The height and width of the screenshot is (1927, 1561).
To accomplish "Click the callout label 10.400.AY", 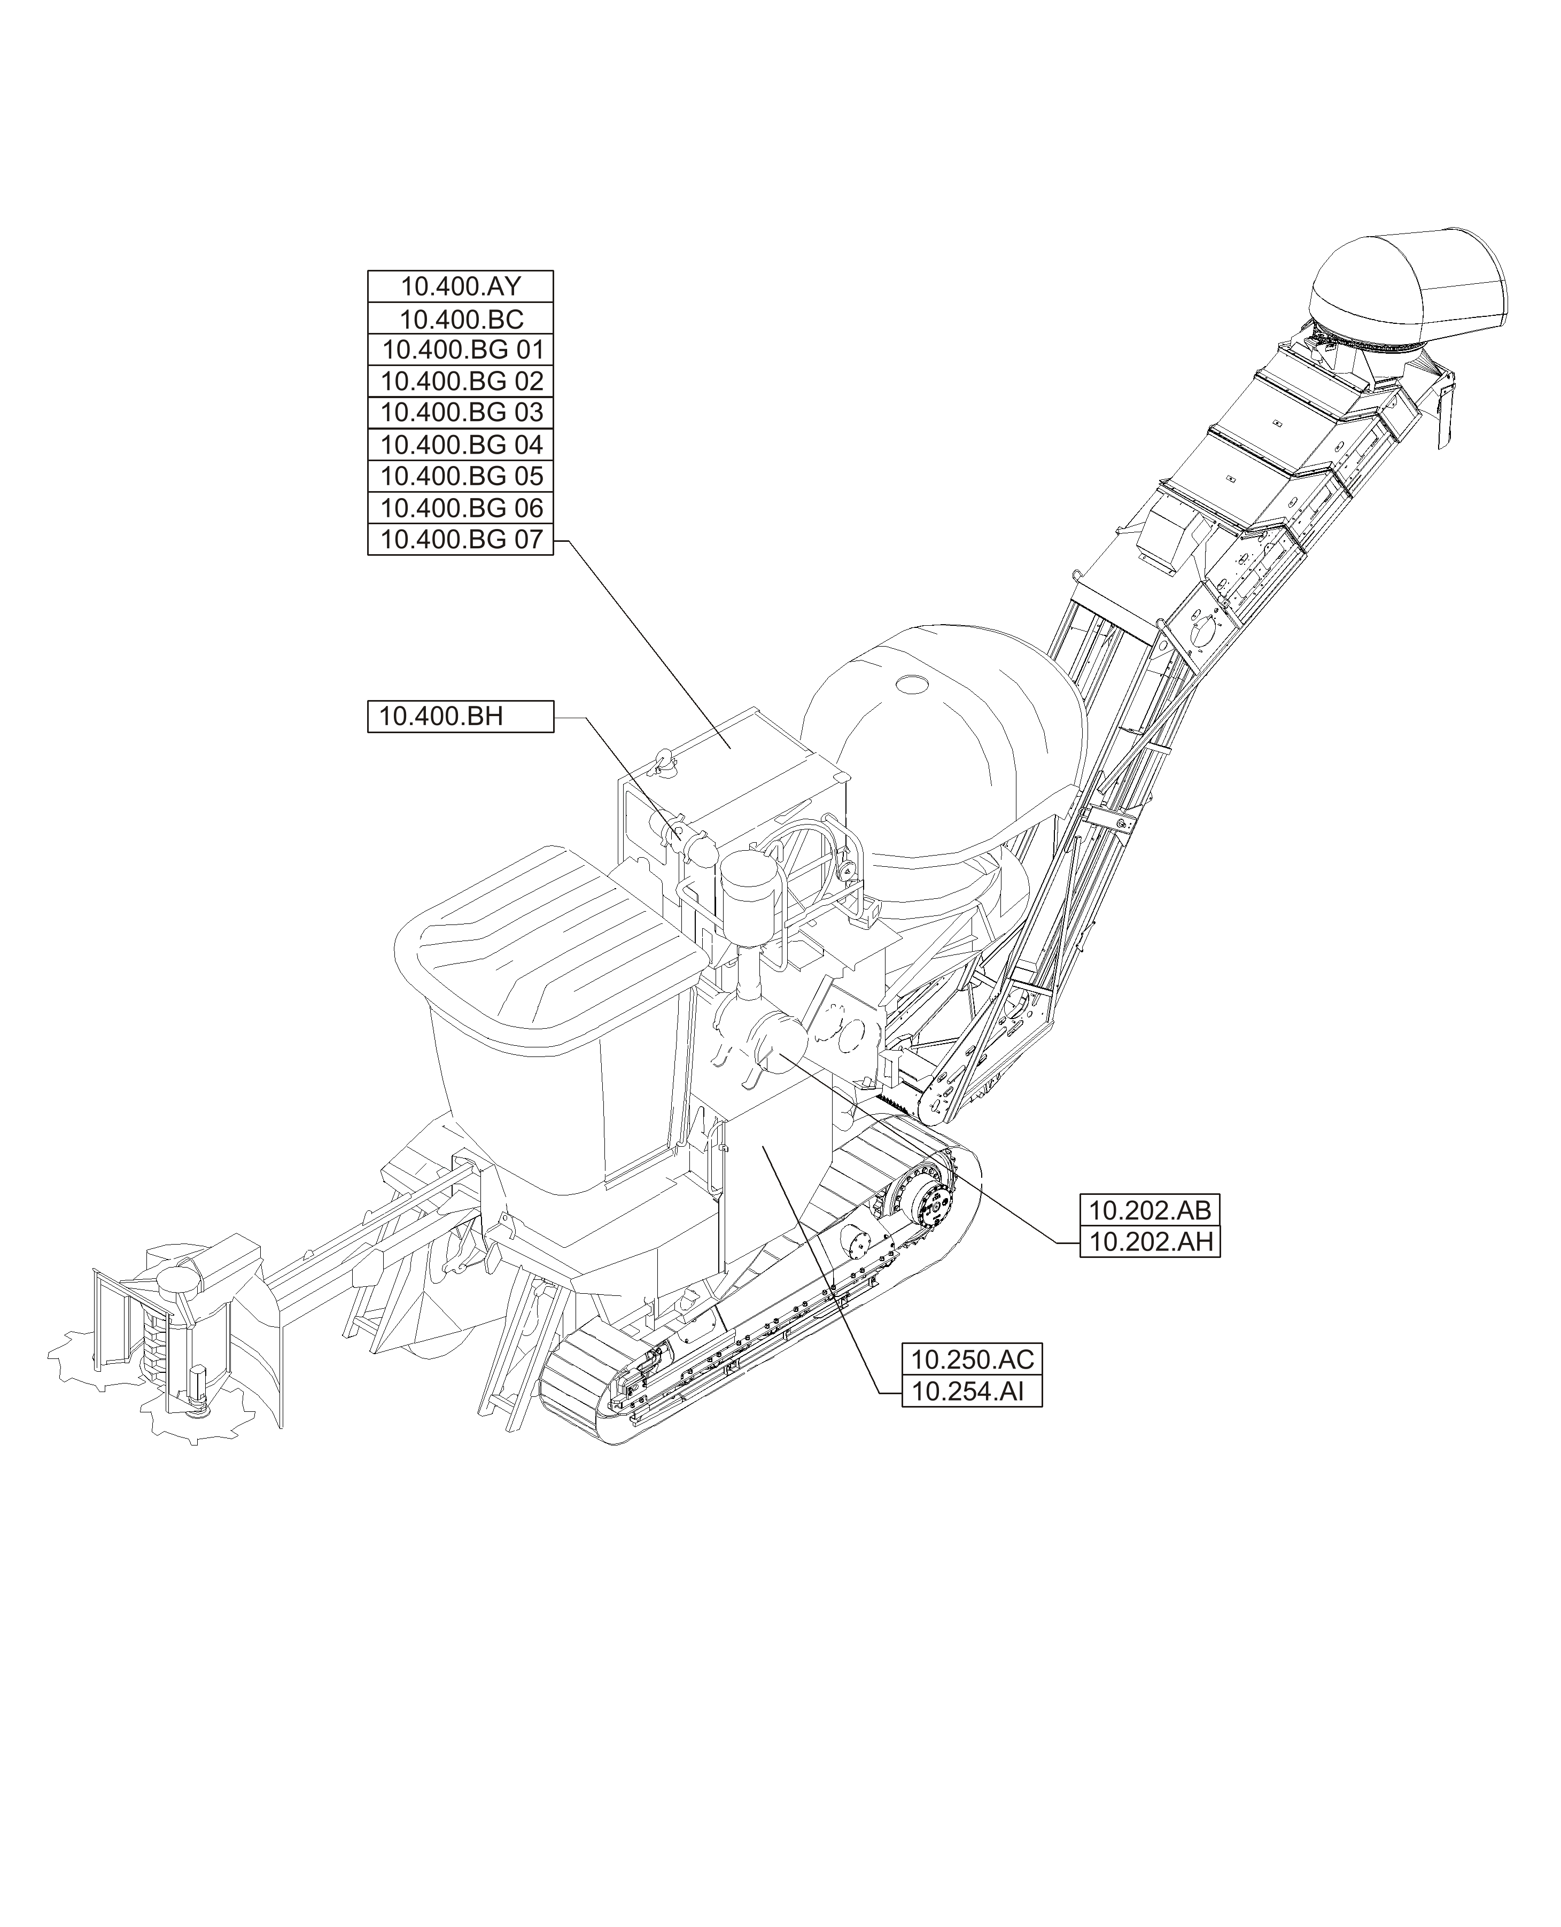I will (460, 287).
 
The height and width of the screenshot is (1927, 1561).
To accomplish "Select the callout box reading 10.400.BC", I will (460, 318).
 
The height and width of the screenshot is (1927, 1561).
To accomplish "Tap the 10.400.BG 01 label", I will (460, 350).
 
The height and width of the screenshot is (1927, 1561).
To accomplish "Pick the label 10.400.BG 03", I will (460, 413).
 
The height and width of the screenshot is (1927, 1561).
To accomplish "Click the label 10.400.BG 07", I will (460, 540).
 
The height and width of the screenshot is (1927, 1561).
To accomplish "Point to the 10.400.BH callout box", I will (460, 717).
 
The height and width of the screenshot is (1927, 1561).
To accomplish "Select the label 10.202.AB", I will (1149, 1210).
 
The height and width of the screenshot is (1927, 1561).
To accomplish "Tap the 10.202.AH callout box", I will (1149, 1242).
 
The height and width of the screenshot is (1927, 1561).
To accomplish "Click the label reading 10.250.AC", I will (971, 1359).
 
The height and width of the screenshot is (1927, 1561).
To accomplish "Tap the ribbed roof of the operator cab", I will (550, 944).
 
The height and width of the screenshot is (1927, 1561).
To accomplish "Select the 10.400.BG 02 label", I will (460, 381).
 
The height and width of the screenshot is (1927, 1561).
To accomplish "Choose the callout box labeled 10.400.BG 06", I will (460, 508).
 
